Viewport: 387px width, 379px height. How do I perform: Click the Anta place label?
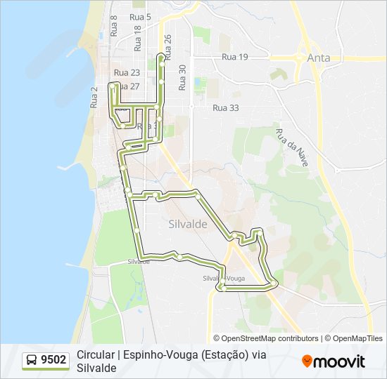click(318, 59)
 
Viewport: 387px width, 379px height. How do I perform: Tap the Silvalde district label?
click(188, 224)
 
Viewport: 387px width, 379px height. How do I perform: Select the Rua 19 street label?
click(234, 58)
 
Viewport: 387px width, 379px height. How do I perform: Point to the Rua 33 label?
click(225, 108)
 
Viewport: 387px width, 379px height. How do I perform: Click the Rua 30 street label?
click(182, 77)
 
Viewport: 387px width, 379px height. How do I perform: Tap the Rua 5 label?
click(140, 16)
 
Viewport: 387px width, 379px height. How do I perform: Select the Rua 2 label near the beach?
click(94, 97)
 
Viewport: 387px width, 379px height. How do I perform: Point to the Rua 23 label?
click(127, 72)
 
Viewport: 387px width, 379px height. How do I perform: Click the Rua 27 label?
click(128, 86)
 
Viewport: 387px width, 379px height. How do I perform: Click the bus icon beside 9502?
click(32, 361)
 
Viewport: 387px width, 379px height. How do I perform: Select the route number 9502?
click(53, 361)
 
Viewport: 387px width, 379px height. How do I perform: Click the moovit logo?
click(333, 361)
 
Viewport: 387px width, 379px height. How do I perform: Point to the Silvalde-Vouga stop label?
click(224, 279)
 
